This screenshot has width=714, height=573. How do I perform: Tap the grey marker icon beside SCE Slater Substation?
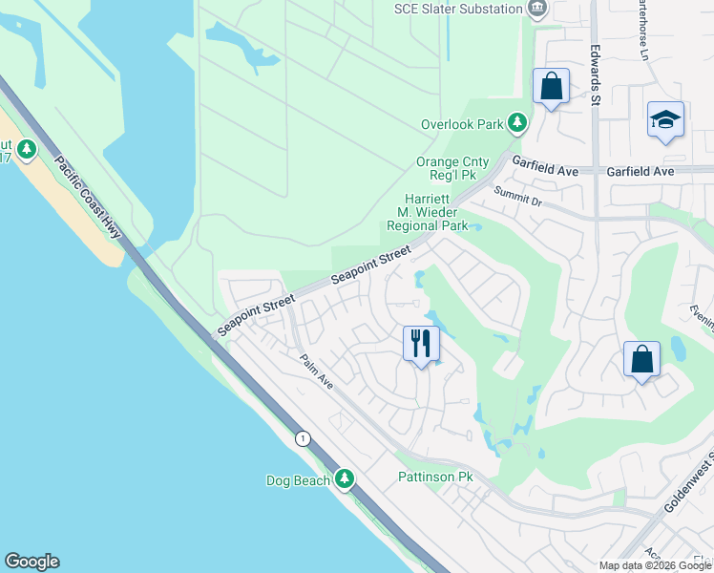coord(537,9)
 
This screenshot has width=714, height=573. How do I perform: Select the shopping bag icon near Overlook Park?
coord(552,86)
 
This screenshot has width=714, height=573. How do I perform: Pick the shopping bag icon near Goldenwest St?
coord(641,359)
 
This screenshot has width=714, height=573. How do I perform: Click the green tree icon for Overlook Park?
coord(517,123)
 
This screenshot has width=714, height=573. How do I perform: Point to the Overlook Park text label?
coord(462,124)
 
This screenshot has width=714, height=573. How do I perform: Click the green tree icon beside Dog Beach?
coord(345,480)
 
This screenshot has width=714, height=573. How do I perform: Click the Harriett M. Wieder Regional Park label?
coord(427,211)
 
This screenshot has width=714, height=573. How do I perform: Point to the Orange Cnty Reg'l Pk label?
coord(451,169)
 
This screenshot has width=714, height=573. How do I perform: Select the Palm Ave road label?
coord(315,372)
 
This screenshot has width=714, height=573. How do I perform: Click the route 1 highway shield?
coord(303,438)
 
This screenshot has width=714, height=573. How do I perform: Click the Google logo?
coord(31,562)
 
